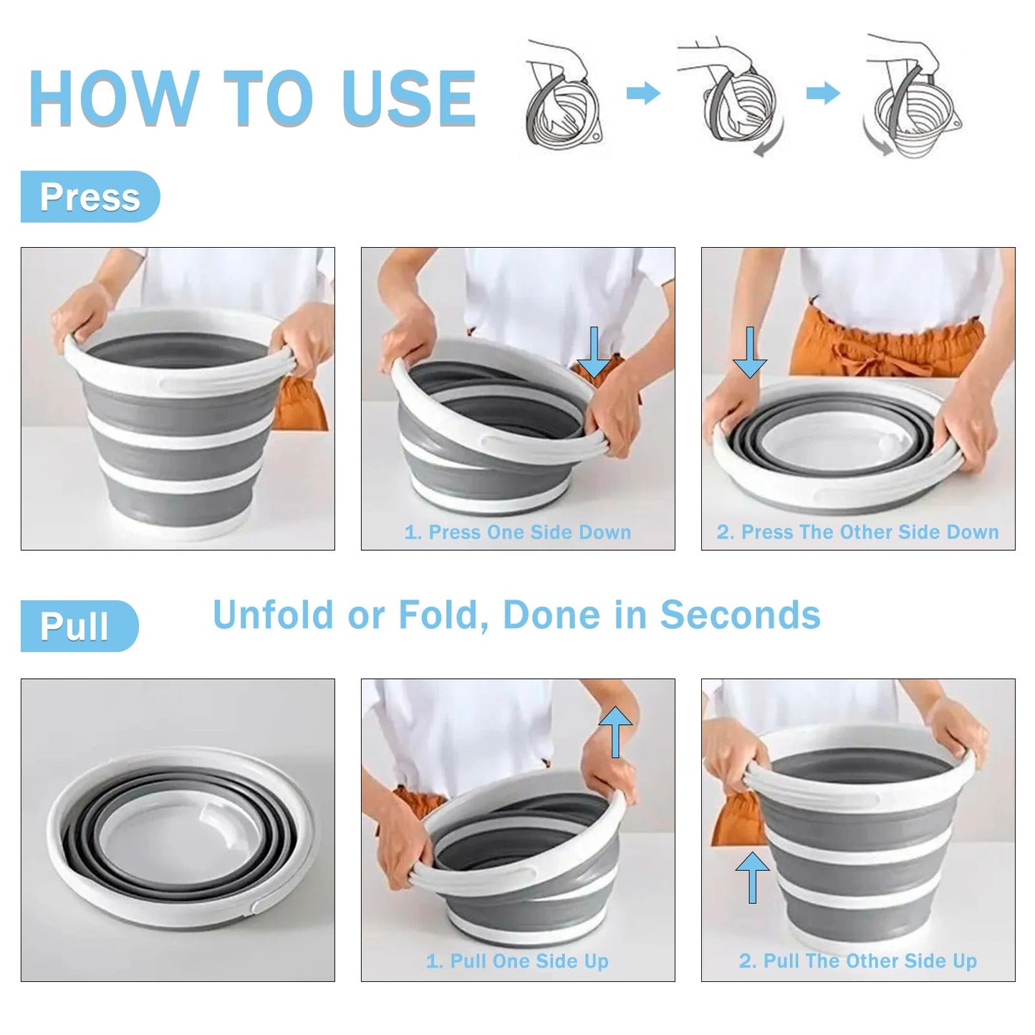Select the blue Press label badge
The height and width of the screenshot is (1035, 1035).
[x=90, y=197]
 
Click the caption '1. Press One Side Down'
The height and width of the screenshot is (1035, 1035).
[x=517, y=532]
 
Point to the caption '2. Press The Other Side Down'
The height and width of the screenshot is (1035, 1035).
[x=857, y=532]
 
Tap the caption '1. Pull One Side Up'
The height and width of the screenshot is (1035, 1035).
[x=517, y=961]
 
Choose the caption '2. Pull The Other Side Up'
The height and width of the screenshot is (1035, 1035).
[x=857, y=961]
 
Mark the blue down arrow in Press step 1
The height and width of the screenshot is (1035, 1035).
[x=594, y=351]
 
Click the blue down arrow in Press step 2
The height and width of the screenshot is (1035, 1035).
[x=750, y=352]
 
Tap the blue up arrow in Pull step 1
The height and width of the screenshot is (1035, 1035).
[x=615, y=731]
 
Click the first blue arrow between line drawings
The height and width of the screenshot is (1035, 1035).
[x=642, y=93]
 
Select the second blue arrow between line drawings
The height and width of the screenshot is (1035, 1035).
[x=823, y=93]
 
